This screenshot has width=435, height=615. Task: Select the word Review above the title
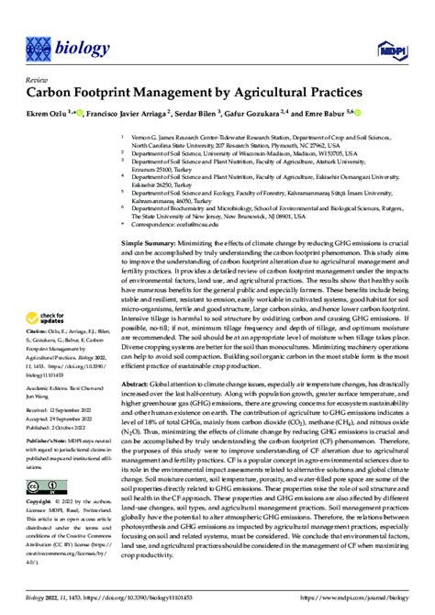click(36, 80)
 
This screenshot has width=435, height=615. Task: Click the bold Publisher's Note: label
click(46, 464)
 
